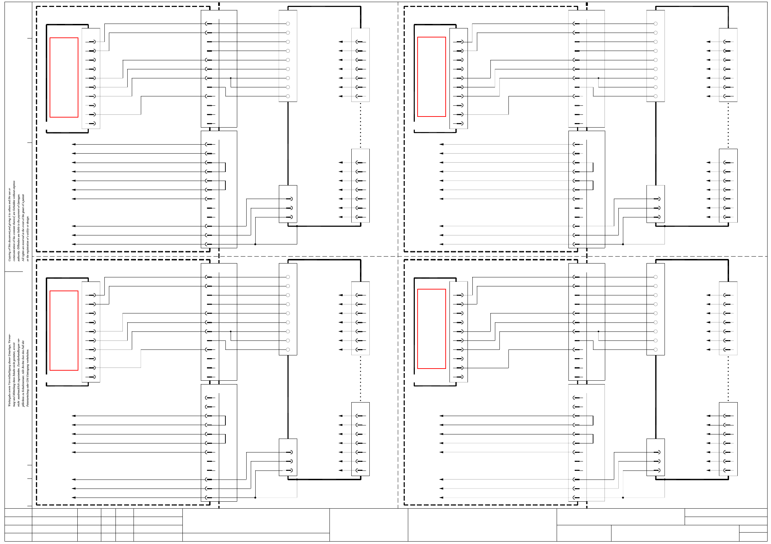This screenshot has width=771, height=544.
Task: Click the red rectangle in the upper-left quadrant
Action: click(64, 77)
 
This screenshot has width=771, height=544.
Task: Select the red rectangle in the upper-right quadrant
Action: click(431, 77)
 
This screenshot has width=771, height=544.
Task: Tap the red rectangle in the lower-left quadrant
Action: click(64, 330)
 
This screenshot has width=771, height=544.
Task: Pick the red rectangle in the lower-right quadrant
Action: click(431, 329)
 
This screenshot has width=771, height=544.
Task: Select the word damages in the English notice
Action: click(19, 198)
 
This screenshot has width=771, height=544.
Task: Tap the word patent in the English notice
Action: click(23, 198)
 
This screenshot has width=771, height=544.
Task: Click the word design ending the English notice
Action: click(28, 220)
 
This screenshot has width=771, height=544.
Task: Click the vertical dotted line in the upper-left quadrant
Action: click(360, 125)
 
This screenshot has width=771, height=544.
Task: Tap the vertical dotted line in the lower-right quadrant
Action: click(728, 379)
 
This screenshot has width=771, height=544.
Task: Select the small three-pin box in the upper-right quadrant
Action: click(656, 204)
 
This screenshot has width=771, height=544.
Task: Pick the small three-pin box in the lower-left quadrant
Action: click(288, 457)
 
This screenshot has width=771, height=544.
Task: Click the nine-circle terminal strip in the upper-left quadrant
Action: click(288, 56)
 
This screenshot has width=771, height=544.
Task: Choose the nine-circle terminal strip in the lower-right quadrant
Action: click(656, 309)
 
